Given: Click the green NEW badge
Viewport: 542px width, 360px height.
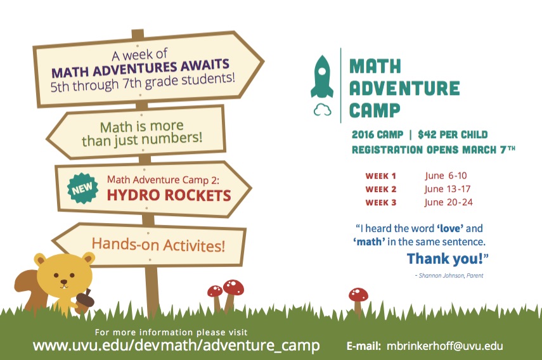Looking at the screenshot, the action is (x=82, y=188).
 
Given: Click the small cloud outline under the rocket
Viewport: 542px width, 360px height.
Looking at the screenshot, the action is (x=322, y=110).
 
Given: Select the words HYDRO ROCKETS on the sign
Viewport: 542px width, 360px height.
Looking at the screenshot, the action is (x=169, y=195).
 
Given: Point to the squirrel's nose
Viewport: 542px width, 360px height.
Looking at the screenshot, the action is (x=63, y=281).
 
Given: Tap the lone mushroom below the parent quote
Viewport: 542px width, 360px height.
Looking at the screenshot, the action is (x=358, y=300).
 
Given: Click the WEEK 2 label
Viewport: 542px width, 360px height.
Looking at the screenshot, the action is (x=380, y=190).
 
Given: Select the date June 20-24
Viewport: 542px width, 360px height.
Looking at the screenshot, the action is (x=448, y=202).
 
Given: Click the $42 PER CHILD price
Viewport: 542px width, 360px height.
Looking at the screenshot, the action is (x=453, y=134).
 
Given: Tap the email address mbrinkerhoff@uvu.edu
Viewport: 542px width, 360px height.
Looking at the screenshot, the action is (x=444, y=346).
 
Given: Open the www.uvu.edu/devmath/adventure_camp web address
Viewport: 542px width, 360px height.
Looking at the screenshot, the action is (x=176, y=345).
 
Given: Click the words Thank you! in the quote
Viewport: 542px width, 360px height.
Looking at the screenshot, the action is (x=448, y=259).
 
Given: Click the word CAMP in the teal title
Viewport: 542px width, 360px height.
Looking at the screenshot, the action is (x=375, y=110).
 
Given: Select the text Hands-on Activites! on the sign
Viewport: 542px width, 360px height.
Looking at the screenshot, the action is (x=158, y=245).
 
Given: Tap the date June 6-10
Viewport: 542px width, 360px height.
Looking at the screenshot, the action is (x=446, y=176).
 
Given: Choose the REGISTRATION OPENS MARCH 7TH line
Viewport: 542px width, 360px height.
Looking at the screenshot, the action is (x=434, y=150).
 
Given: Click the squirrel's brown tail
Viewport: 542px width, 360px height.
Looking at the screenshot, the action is (x=30, y=290).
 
